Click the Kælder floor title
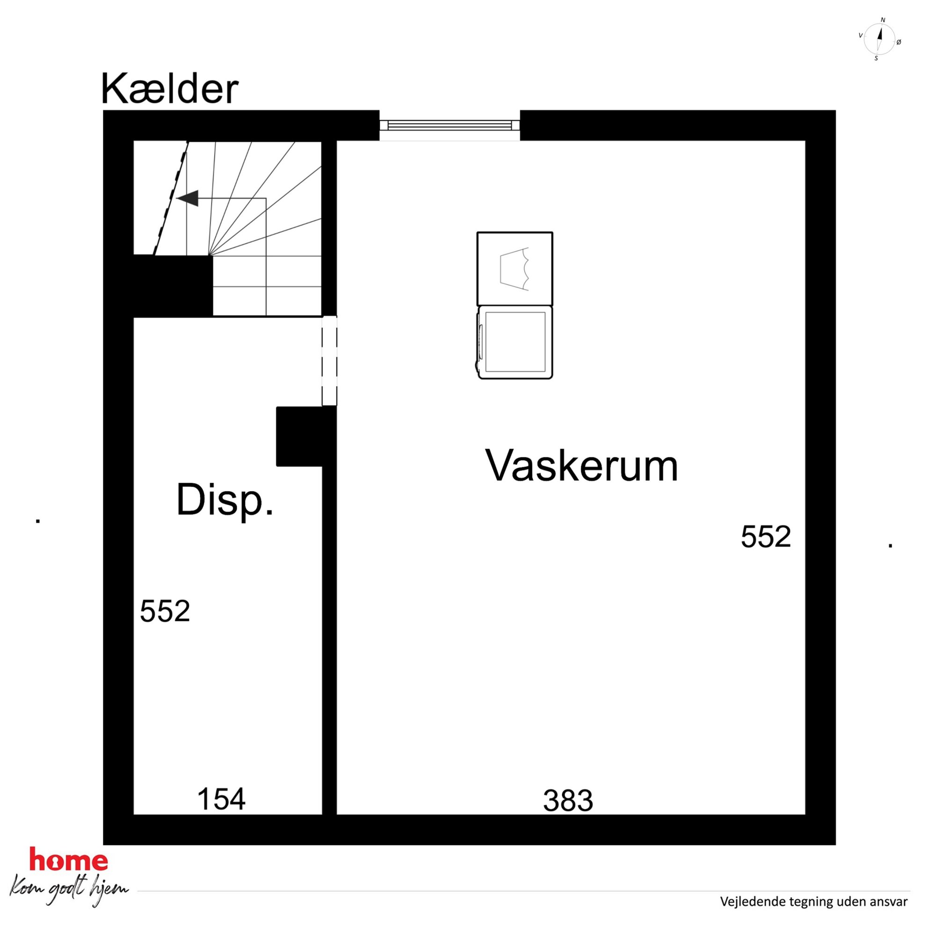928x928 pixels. (x=170, y=89)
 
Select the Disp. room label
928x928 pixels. (x=225, y=501)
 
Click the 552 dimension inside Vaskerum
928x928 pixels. (x=766, y=536)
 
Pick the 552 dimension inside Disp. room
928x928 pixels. (x=165, y=611)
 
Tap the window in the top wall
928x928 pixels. (x=449, y=125)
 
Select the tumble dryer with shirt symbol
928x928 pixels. (x=515, y=268)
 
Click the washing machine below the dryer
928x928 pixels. (x=515, y=342)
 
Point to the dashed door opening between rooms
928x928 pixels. (x=329, y=361)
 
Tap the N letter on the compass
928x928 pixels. (x=883, y=20)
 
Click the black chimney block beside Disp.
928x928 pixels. (x=299, y=436)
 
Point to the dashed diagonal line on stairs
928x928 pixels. (x=171, y=198)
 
